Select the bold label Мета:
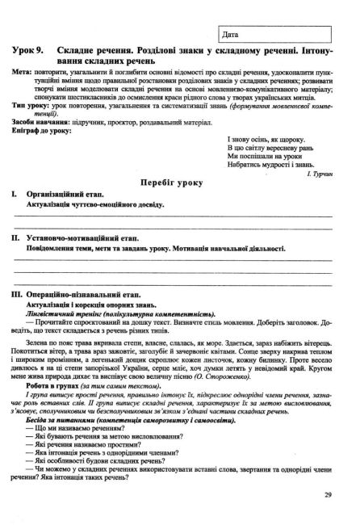(x=25, y=72)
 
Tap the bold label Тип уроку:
(x=31, y=107)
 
